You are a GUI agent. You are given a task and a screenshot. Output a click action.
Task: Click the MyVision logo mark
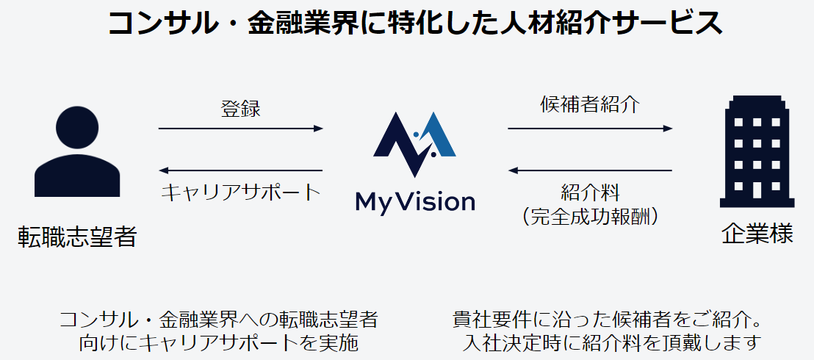pyautogui.click(x=414, y=144)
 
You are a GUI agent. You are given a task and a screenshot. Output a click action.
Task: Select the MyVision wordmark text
pyautogui.click(x=414, y=201)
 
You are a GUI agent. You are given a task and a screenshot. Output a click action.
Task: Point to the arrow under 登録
pyautogui.click(x=240, y=129)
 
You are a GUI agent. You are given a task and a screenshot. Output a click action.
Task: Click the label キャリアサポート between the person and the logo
pyautogui.click(x=240, y=192)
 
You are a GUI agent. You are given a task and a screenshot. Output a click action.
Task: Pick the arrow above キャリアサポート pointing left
pyautogui.click(x=240, y=170)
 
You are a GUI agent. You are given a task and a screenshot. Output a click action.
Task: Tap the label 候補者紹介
pyautogui.click(x=590, y=104)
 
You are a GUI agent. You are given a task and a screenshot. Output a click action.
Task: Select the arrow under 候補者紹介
pyautogui.click(x=590, y=129)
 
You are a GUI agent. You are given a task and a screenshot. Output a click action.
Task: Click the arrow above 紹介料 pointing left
pyautogui.click(x=590, y=170)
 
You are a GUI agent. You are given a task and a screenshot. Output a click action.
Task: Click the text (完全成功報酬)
pyautogui.click(x=590, y=217)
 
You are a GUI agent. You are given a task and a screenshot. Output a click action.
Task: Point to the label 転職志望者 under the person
pyautogui.click(x=77, y=237)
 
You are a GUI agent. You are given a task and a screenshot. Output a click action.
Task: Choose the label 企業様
pyautogui.click(x=757, y=235)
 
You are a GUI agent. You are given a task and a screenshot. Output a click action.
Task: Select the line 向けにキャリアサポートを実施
pyautogui.click(x=218, y=342)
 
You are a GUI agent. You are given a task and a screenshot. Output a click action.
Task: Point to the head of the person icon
pyautogui.click(x=77, y=126)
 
